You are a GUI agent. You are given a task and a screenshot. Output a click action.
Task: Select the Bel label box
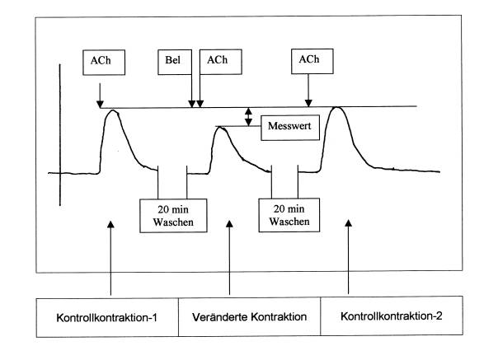tap(174, 60)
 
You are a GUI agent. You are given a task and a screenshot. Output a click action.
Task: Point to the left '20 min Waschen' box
tap(171, 214)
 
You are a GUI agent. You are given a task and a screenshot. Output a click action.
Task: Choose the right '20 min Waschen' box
tap(289, 214)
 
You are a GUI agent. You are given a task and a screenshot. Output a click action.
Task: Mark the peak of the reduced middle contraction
tap(223, 129)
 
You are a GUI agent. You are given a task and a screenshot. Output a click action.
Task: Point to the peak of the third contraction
tap(337, 108)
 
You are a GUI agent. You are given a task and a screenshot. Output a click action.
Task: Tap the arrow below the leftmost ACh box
tap(99, 91)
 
